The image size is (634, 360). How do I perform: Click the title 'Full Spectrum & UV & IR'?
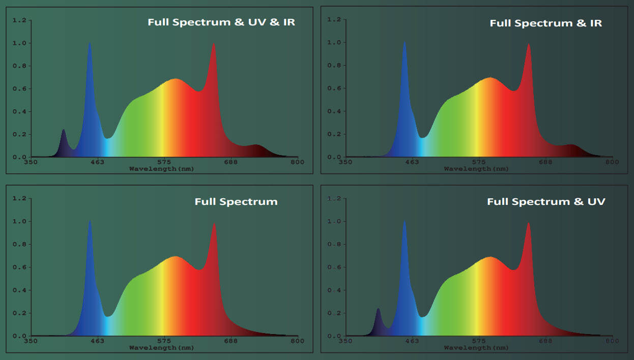[x=221, y=22]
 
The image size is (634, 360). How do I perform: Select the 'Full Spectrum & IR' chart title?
[x=545, y=23]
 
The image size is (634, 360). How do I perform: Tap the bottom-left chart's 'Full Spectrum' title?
[x=236, y=202]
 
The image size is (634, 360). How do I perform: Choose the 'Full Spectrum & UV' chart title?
[x=546, y=202]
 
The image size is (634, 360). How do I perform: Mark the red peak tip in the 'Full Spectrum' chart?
[x=214, y=224]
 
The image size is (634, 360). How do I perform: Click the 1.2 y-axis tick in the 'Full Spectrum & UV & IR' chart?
[x=19, y=20]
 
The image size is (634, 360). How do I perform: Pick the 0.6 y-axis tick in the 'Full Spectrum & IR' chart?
[x=334, y=88]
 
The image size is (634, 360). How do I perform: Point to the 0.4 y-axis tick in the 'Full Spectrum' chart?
[x=19, y=290]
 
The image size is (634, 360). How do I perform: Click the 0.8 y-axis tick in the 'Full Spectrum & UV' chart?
[x=334, y=245]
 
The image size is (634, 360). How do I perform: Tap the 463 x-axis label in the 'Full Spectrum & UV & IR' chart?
[x=97, y=162]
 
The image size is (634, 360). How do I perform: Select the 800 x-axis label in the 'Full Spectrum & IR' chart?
[x=612, y=162]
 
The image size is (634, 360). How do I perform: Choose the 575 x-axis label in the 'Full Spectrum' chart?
[x=164, y=341]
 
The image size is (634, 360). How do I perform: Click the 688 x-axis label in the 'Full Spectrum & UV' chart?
[x=545, y=341]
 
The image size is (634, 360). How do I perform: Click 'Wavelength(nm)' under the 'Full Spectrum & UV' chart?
[x=476, y=348]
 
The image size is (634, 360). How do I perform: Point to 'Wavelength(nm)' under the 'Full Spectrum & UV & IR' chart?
[x=161, y=168]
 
